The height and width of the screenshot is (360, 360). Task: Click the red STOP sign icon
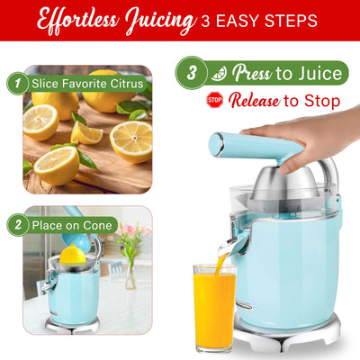215,100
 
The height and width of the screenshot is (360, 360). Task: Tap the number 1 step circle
18,84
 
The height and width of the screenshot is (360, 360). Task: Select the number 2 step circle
18,225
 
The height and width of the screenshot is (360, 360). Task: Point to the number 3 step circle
192,73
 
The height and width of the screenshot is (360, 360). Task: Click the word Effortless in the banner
78,20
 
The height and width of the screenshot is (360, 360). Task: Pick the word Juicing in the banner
161,22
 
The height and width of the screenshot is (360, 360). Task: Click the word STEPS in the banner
289,21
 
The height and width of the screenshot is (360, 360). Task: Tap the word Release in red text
255,101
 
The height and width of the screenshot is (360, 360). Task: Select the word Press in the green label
252,73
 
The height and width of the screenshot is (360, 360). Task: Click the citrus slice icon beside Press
219,73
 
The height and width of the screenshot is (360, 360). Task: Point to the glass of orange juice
214,308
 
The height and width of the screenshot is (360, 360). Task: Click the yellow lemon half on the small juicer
73,256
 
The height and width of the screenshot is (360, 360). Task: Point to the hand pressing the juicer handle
303,138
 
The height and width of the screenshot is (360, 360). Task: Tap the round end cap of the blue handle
216,145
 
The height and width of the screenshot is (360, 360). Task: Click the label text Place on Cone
72,225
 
